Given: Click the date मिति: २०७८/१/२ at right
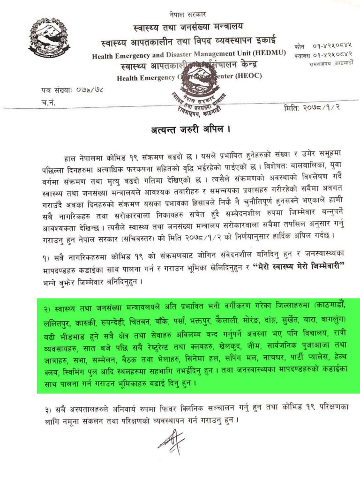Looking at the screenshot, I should point(315,109).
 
